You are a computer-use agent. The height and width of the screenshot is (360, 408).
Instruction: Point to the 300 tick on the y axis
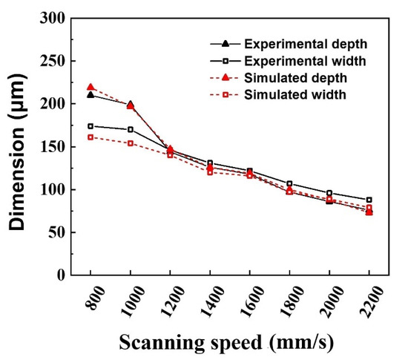coord(52,19)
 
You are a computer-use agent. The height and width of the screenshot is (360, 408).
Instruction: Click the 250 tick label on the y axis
coord(52,62)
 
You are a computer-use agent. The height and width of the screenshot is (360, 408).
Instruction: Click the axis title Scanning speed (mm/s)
coord(229,344)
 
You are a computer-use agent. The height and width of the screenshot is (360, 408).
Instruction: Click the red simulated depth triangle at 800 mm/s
coord(91,87)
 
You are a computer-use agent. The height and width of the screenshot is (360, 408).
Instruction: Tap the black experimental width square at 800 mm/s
coord(91,126)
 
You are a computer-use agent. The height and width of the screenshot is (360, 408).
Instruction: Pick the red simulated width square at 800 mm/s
coord(91,137)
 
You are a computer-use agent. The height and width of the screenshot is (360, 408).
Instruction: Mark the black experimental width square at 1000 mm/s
coord(131,129)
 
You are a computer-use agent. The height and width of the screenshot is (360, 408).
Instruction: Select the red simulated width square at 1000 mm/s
coord(131,143)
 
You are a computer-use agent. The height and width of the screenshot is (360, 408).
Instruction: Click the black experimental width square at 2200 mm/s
coord(369,200)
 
